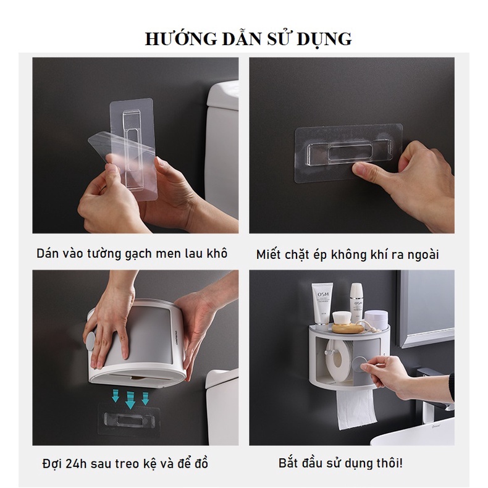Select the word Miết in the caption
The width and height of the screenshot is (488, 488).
[268, 255]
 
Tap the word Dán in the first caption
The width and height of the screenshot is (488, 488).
[48, 253]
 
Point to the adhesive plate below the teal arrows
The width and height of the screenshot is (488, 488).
[129, 419]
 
